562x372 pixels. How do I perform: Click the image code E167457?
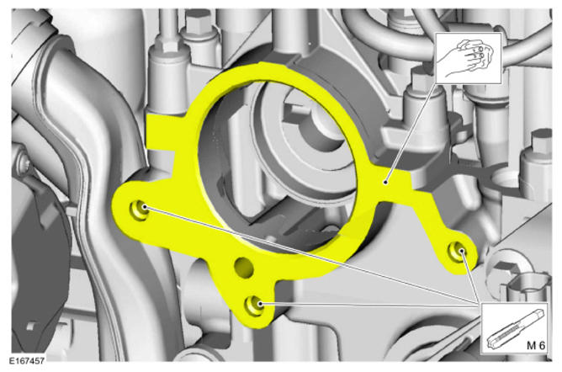tap(27, 360)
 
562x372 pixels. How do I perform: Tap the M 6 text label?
tap(535, 345)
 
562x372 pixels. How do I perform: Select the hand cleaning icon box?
tap(468, 58)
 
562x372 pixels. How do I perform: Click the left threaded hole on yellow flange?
tap(139, 210)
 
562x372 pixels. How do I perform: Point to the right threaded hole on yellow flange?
tap(458, 251)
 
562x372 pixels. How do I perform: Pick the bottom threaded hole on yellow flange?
tap(254, 306)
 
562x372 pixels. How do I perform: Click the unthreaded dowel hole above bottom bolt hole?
tap(245, 267)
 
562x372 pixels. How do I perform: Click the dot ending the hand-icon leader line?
tap(385, 182)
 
